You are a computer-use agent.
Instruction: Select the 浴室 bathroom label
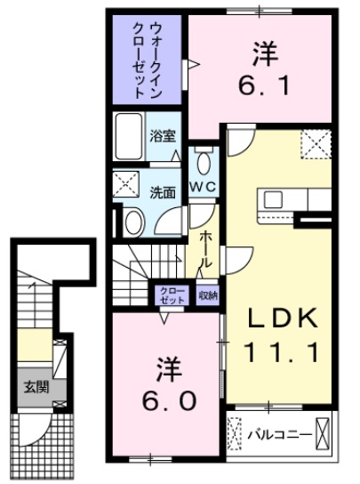click(163, 137)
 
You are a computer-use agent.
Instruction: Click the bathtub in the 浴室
click(130, 137)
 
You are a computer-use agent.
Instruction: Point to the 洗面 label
click(161, 191)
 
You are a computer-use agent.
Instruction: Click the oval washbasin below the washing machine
click(133, 222)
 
